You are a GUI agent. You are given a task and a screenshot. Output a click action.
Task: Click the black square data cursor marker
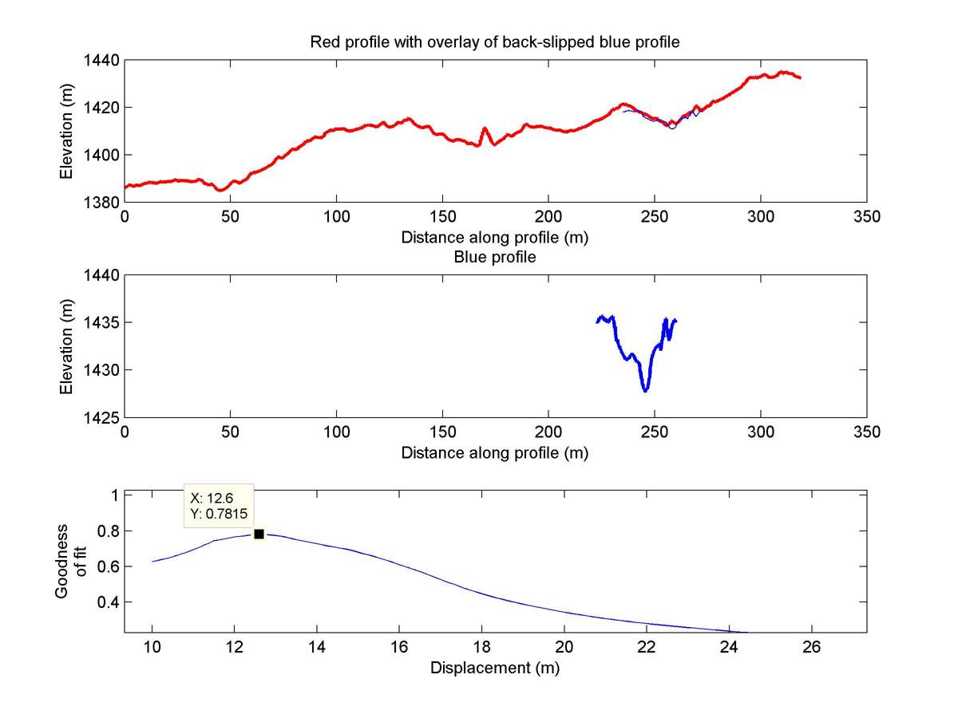[259, 534]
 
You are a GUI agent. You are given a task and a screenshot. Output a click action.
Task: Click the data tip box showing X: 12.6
[219, 505]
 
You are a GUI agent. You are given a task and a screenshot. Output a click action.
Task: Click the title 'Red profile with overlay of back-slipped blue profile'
[495, 42]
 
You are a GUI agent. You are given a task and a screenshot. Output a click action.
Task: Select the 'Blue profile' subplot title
[495, 258]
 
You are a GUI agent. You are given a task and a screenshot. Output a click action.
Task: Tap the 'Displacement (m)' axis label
[495, 668]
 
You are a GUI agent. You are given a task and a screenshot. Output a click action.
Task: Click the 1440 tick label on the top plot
[102, 61]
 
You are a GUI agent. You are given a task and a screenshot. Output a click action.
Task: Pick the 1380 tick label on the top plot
[102, 203]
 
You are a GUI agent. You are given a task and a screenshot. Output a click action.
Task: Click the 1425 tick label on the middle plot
[102, 417]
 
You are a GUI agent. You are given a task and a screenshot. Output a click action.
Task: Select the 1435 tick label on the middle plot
[102, 323]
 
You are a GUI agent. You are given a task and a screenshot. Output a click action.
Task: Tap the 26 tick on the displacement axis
[812, 648]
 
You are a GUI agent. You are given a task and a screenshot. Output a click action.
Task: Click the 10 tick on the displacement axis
[152, 648]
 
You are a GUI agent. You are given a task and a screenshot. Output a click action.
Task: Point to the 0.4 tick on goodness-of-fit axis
[108, 602]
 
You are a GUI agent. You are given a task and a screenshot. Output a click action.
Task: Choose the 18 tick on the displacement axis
[482, 648]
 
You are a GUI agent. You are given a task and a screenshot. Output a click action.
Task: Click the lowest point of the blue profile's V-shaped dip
[646, 390]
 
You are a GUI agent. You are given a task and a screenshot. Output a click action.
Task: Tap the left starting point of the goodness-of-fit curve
[152, 562]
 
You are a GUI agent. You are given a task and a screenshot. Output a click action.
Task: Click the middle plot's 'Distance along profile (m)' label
[495, 453]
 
